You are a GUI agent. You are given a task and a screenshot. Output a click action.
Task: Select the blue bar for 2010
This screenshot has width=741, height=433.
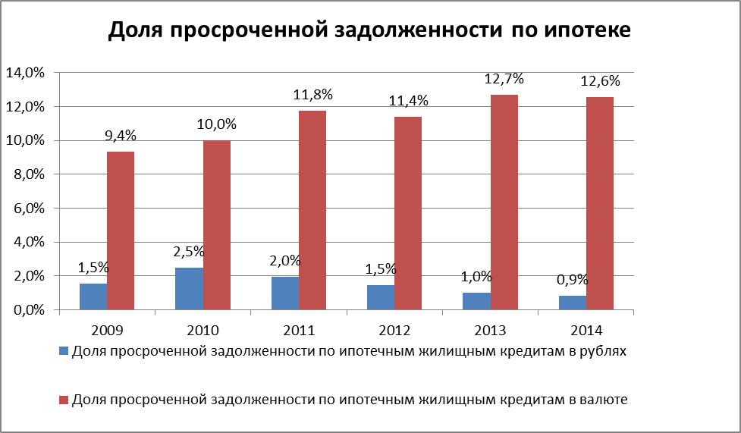point(189,289)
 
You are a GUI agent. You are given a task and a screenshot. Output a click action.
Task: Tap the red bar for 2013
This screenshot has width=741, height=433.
point(504,202)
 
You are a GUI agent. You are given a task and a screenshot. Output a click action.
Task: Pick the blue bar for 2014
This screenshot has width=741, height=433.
point(573,303)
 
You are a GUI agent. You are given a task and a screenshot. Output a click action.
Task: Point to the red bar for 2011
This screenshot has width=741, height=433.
point(312,210)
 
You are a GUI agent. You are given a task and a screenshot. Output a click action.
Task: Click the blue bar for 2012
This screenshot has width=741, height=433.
point(381,297)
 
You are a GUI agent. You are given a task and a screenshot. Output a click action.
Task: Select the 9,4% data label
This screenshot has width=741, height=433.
point(121,136)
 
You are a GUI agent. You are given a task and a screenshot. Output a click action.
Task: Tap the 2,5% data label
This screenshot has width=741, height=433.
point(189,251)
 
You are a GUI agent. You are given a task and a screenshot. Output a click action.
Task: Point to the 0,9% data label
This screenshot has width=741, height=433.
point(573,278)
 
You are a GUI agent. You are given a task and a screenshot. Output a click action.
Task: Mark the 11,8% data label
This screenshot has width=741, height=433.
point(313,95)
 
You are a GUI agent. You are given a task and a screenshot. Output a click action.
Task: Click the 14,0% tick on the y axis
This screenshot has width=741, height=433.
point(26,74)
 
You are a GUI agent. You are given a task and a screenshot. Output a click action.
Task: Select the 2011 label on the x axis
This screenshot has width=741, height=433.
point(299,331)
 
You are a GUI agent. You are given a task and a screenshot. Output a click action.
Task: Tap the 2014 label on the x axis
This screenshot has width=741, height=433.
point(586,331)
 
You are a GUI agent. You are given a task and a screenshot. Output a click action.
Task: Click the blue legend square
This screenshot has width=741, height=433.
point(64,352)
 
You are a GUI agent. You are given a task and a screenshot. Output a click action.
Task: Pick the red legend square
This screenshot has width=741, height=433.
point(64,400)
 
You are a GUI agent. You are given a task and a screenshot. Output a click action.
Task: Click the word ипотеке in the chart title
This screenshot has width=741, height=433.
point(582,31)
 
